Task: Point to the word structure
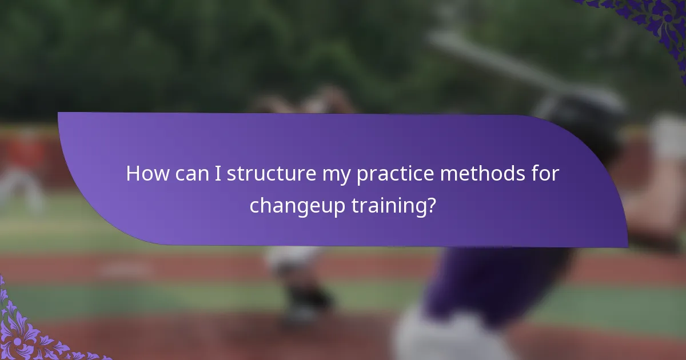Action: coord(269,174)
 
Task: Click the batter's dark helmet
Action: coord(589,114)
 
